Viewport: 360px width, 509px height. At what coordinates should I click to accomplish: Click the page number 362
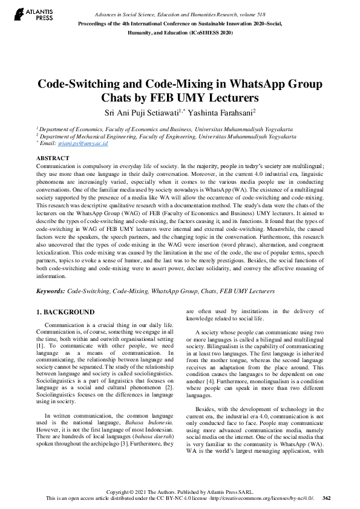click(327, 499)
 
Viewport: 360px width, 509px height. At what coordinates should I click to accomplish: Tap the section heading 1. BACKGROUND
click(65, 312)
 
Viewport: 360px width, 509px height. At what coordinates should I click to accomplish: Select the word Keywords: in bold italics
click(51, 291)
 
